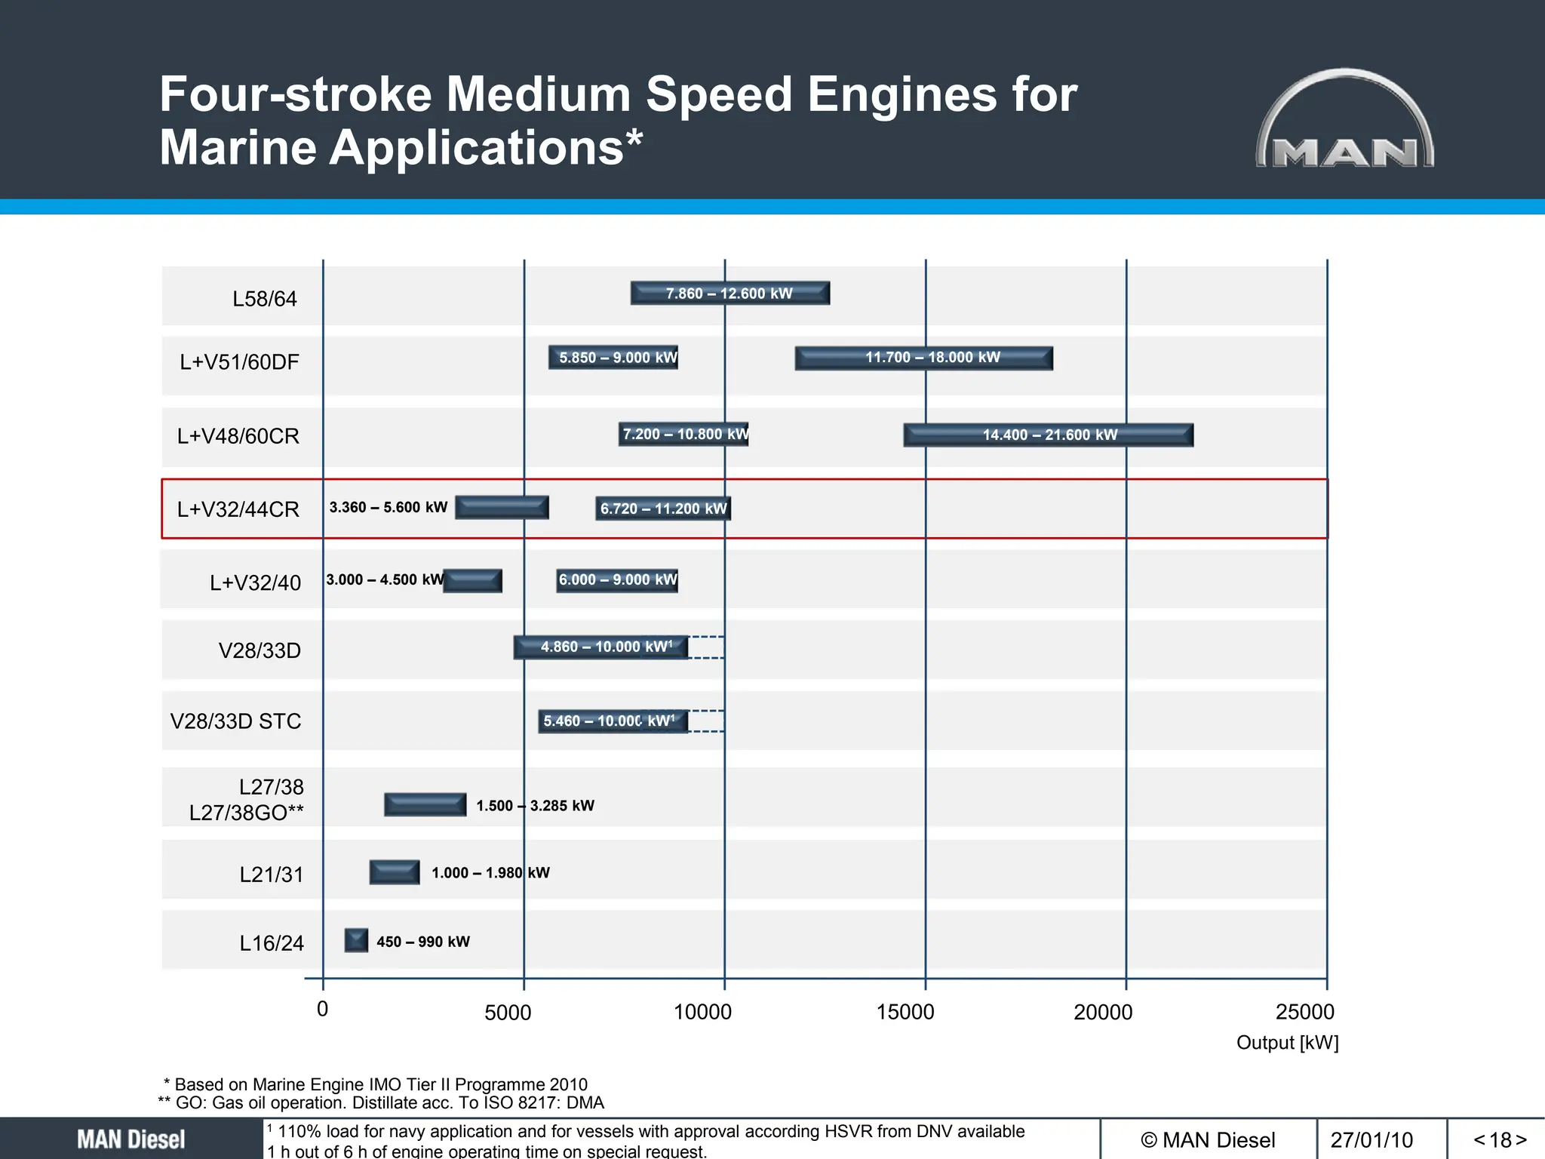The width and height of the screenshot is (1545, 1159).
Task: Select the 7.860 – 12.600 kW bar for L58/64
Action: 729,294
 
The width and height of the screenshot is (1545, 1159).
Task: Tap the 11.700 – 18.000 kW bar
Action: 923,358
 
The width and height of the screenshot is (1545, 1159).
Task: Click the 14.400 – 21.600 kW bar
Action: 1048,435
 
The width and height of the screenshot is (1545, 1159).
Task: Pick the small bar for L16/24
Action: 356,940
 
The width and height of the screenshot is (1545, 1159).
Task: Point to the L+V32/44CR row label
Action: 238,509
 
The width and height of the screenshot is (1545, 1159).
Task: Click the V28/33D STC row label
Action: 235,721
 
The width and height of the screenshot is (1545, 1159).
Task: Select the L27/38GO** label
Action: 247,813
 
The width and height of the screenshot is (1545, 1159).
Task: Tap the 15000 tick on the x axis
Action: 905,1012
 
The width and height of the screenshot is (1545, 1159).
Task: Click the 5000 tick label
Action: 508,1013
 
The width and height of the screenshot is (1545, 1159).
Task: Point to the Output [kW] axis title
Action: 1287,1043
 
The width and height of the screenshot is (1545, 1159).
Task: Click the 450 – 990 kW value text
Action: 422,942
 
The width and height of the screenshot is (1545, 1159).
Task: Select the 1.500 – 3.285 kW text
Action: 535,806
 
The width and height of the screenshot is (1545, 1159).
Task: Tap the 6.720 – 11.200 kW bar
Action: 663,509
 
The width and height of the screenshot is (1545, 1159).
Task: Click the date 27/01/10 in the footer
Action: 1371,1139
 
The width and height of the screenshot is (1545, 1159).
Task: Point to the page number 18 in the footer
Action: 1500,1139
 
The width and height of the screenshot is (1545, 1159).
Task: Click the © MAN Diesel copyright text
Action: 1208,1139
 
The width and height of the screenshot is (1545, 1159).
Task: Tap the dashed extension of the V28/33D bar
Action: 706,647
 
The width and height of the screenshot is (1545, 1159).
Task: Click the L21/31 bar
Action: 394,872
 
